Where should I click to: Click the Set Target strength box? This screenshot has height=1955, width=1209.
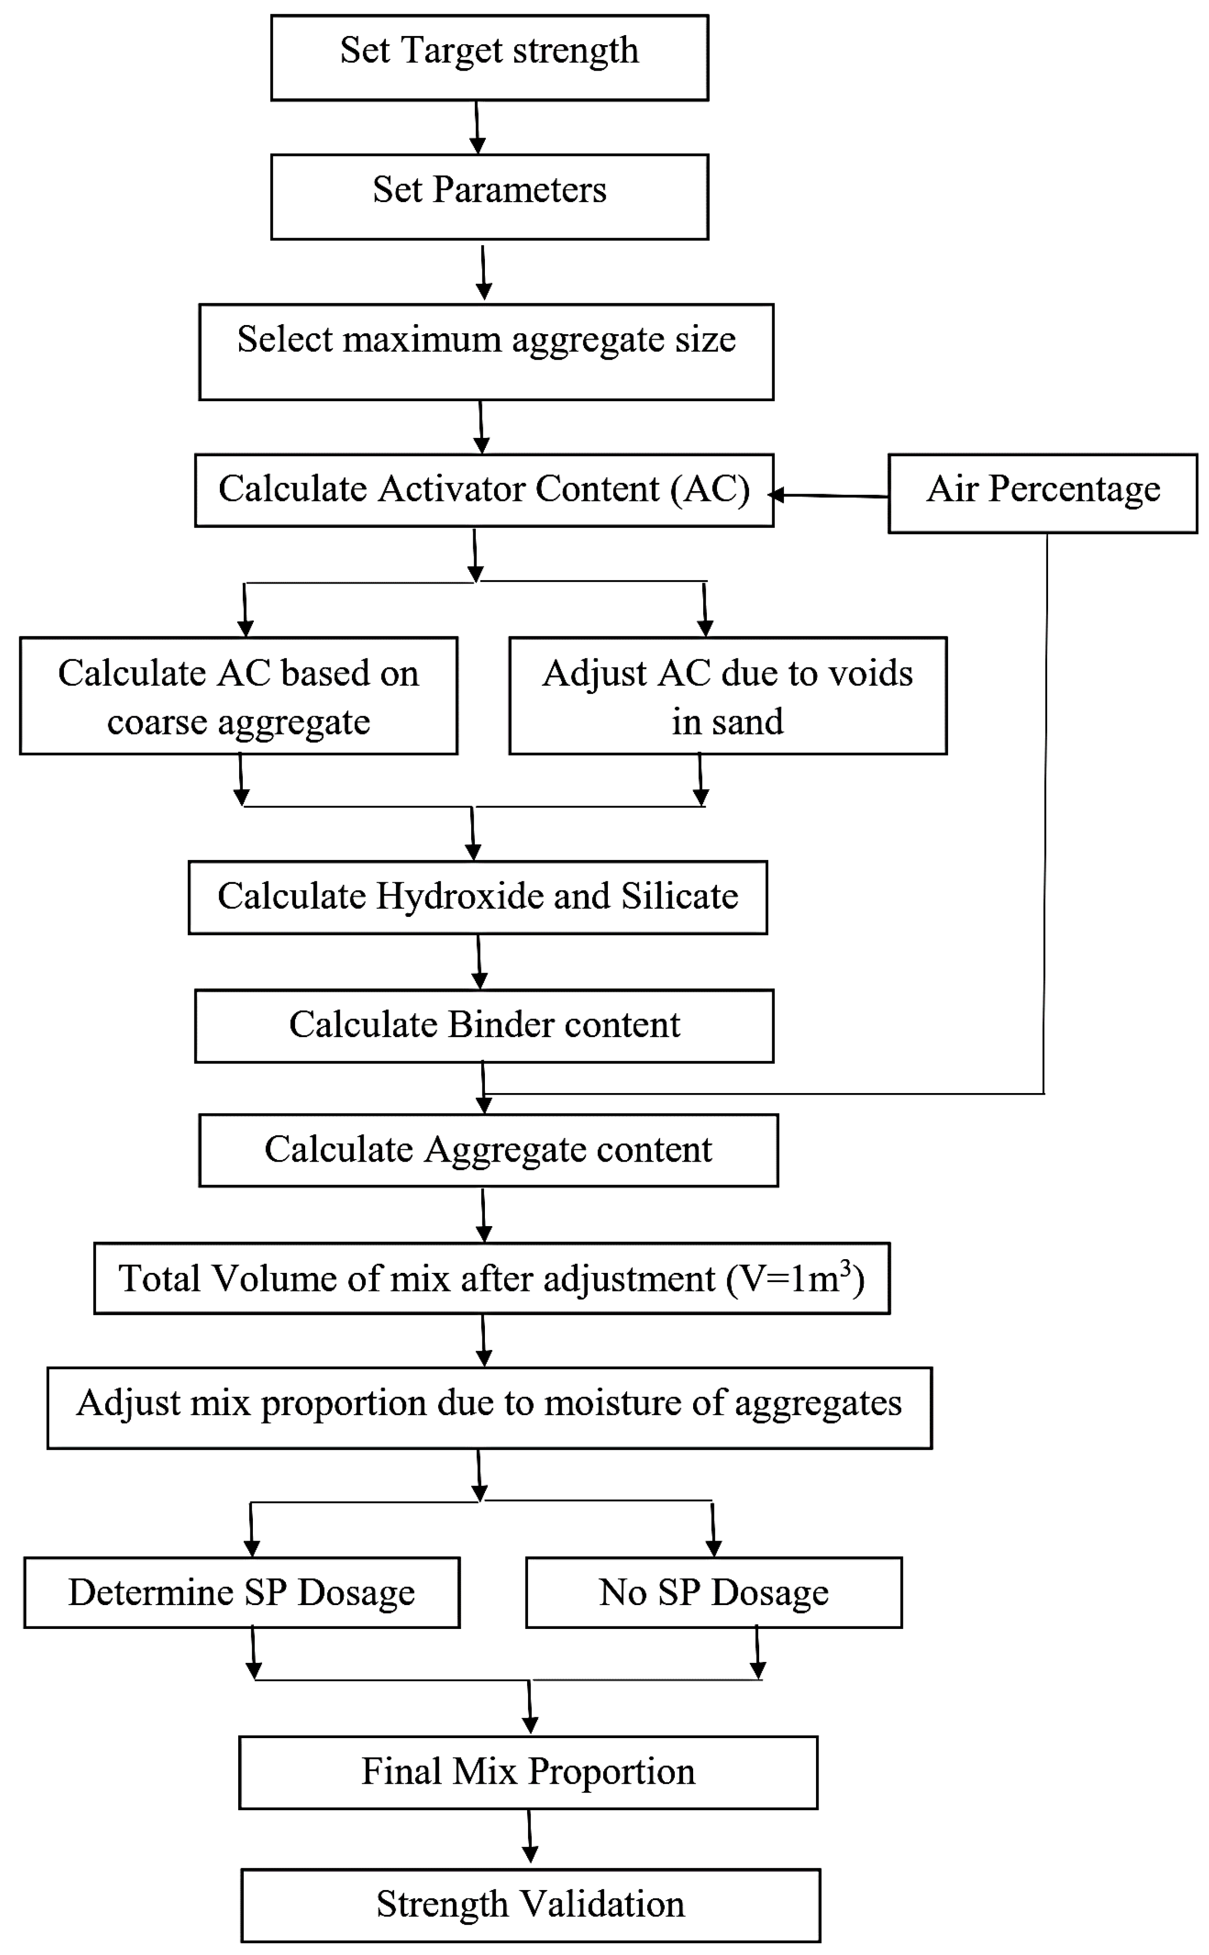(489, 57)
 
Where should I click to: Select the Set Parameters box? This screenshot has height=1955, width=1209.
(489, 197)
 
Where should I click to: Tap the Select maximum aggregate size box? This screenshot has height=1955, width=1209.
(486, 352)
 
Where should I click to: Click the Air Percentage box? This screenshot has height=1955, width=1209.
(1042, 493)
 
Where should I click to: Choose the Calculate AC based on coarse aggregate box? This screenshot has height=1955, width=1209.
(238, 696)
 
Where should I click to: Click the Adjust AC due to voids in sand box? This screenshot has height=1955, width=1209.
(728, 696)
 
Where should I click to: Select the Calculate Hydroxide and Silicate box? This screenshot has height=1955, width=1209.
(477, 897)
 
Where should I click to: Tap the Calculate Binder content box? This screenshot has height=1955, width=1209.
(484, 1026)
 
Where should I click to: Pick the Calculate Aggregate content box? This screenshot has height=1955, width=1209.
(488, 1150)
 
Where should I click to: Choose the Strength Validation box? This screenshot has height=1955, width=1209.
(530, 1905)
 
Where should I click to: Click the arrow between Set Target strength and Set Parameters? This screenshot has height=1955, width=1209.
(477, 126)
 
